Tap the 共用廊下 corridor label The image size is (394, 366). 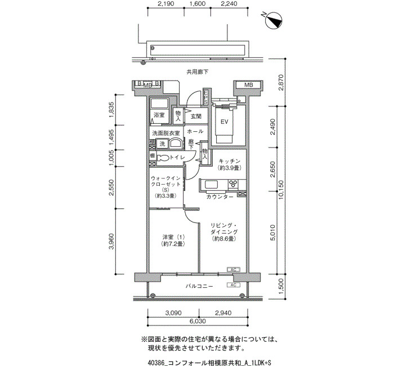198,72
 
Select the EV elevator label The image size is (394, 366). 223,122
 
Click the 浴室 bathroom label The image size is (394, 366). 159,115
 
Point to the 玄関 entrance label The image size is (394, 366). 195,116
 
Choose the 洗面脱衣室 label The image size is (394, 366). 165,133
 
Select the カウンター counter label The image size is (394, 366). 220,197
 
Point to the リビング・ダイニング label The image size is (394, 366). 223,231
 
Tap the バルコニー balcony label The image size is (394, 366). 199,286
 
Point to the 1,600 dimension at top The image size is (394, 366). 198,5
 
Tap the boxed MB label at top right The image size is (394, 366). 248,85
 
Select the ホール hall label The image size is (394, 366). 195,131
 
